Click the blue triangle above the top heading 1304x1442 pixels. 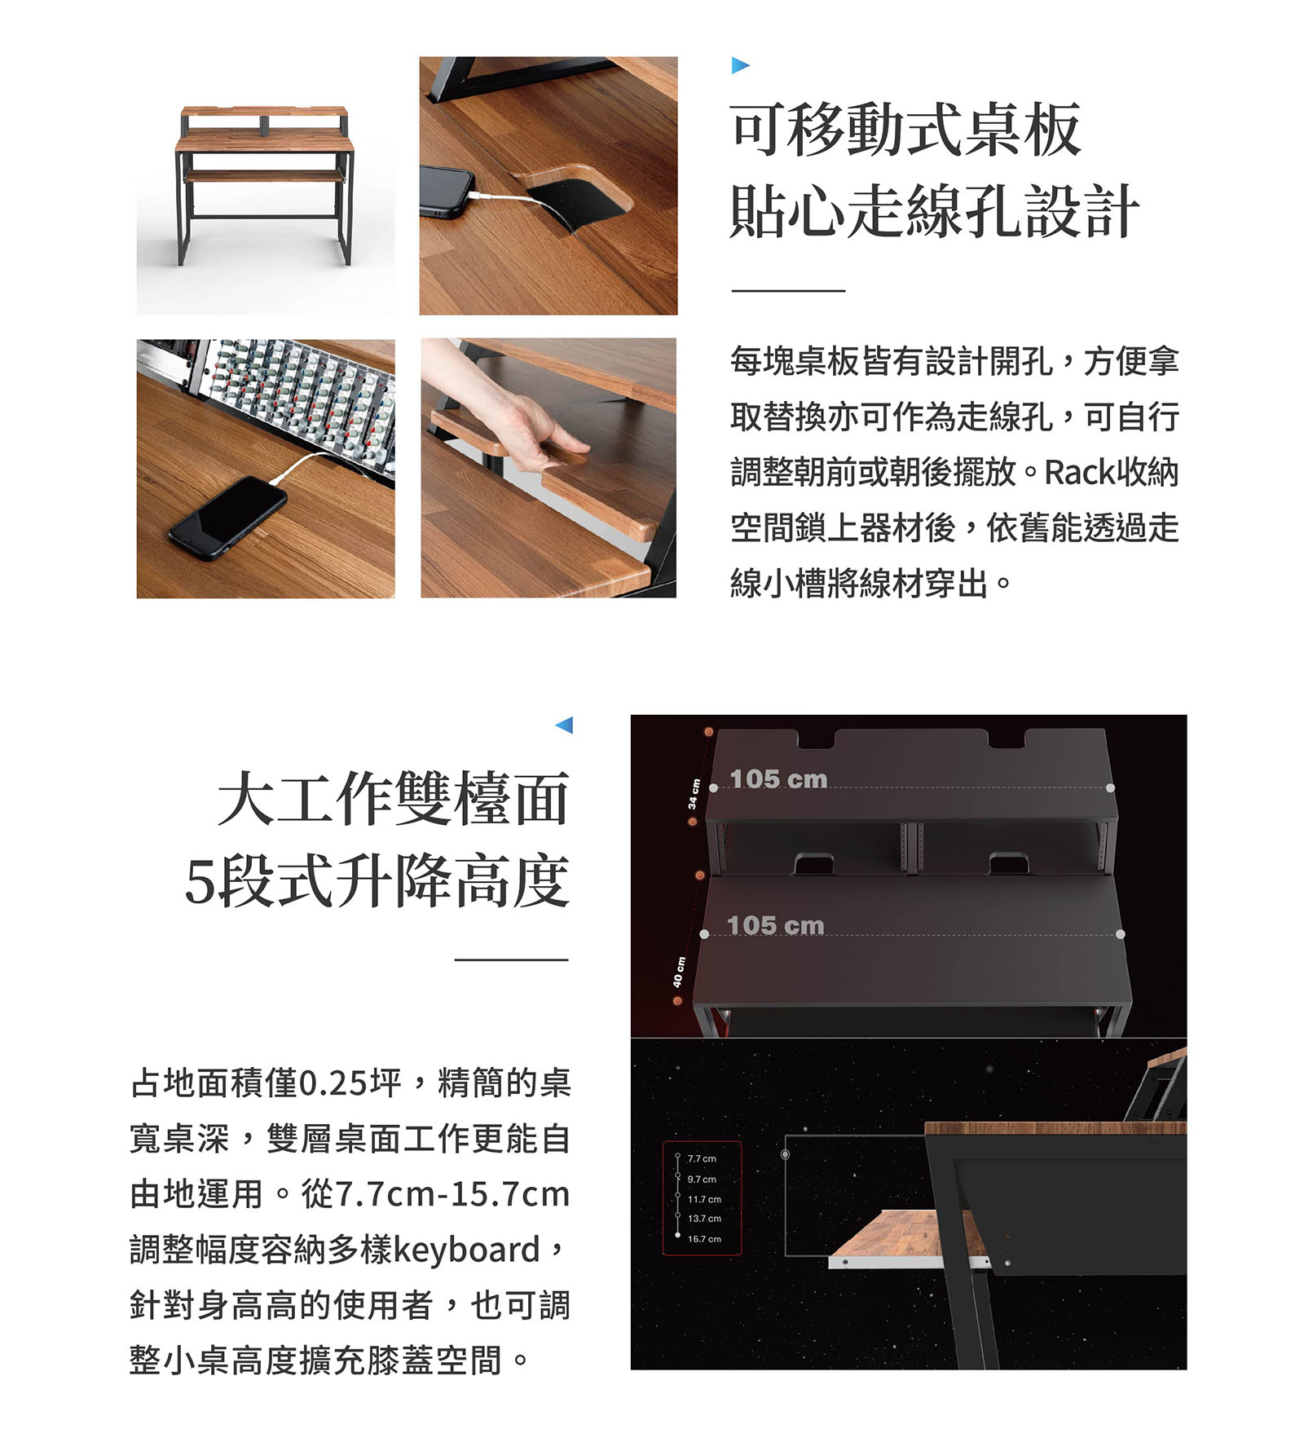tap(739, 65)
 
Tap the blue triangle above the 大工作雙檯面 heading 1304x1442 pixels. tap(564, 725)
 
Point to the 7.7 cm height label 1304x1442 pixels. tap(702, 1158)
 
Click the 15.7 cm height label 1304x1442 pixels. tap(704, 1239)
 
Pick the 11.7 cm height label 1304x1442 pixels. tap(704, 1199)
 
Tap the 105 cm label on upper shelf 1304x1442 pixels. tap(778, 779)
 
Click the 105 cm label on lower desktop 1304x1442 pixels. tap(775, 926)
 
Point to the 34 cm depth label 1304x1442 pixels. tap(693, 793)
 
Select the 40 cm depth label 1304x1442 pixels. tap(678, 972)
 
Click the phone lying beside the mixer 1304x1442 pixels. tap(228, 518)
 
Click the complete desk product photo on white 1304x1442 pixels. tap(266, 186)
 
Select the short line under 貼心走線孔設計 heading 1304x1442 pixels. tap(788, 290)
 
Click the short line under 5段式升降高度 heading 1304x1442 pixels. tap(511, 959)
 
